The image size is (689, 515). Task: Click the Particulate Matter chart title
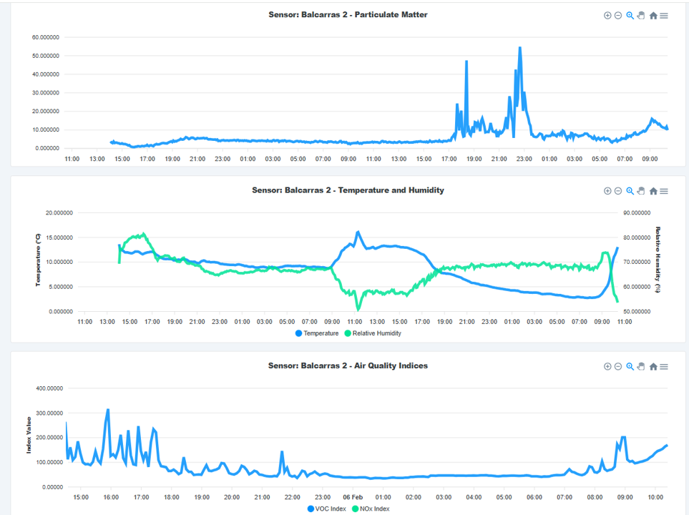(x=348, y=14)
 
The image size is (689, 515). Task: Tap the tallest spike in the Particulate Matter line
(x=520, y=48)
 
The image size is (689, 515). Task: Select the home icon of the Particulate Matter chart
(x=653, y=16)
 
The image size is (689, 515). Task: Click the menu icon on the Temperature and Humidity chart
(x=664, y=191)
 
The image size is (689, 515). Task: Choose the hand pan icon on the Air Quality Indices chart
(x=641, y=366)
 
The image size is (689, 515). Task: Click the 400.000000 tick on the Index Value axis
(x=45, y=388)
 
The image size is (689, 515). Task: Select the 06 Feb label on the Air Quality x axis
(x=353, y=497)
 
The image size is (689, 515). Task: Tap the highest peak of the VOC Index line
(x=108, y=411)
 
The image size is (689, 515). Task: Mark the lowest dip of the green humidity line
(x=358, y=308)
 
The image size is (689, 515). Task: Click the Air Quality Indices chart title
(x=348, y=366)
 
